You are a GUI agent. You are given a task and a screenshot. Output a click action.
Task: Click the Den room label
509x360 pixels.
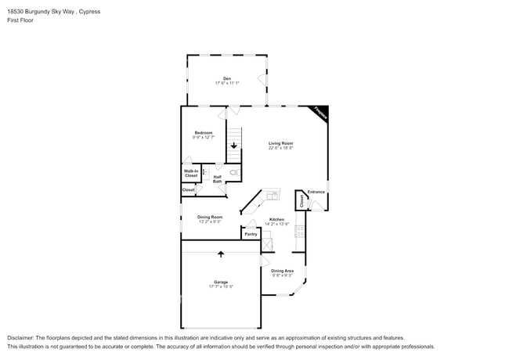[227, 78]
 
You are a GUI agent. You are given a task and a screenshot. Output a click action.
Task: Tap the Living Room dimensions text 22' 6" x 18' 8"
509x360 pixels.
[280, 148]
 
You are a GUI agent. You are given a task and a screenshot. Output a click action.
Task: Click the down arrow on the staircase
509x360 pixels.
[233, 146]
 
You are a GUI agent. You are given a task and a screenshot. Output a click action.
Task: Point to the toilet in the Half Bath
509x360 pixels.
[233, 171]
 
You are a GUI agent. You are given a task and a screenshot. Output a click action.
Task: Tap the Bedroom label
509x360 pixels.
[204, 133]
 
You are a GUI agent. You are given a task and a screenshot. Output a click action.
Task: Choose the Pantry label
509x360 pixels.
[251, 234]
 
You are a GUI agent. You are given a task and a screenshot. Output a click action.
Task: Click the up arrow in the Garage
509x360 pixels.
[221, 254]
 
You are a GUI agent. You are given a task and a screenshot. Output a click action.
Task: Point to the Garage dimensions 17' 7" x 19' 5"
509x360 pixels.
[221, 287]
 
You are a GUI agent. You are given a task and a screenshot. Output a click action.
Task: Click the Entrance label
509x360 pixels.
[316, 192]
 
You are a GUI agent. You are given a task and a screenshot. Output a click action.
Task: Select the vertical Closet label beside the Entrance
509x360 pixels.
[301, 200]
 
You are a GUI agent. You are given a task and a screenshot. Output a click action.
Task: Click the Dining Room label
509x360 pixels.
[210, 217]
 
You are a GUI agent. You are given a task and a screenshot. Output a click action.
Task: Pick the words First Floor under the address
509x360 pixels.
[22, 20]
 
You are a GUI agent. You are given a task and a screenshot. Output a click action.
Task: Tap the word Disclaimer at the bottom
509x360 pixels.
[23, 337]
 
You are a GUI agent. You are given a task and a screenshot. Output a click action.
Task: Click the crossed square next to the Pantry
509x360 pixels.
[266, 244]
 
